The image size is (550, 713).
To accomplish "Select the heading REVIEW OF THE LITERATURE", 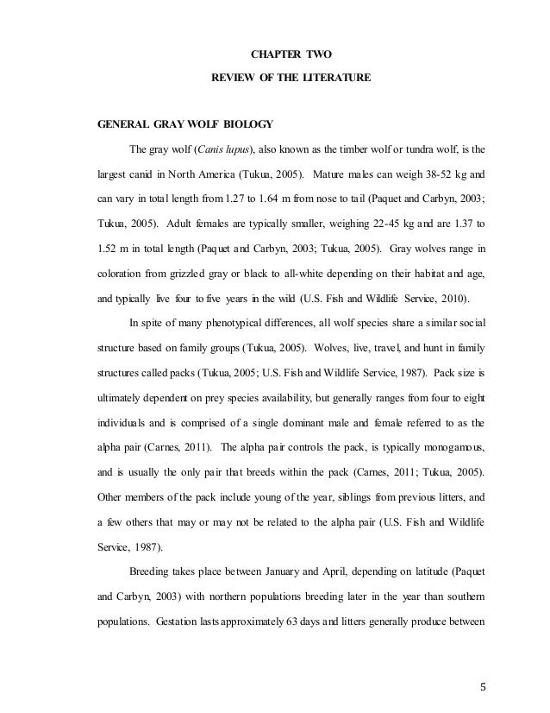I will click(x=291, y=79).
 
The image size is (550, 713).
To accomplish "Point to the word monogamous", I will click(x=457, y=448).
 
